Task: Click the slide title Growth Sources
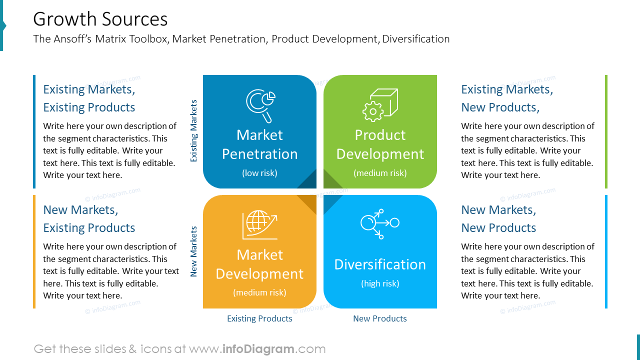(100, 19)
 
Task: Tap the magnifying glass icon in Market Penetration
(260, 105)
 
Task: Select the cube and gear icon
(380, 105)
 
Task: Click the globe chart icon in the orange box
(259, 224)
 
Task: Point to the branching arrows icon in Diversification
(379, 223)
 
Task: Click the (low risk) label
(259, 173)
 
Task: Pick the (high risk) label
(380, 283)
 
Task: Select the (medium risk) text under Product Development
(380, 173)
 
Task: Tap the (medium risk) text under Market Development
(259, 292)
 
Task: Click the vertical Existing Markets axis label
(194, 130)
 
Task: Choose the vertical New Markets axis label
(194, 251)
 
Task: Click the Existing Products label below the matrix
(259, 318)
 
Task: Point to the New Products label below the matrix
(380, 318)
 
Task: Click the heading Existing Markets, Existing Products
(89, 98)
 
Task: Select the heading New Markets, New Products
(498, 218)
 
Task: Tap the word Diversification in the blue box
(380, 264)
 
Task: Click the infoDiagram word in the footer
(258, 349)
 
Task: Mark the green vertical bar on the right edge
(606, 131)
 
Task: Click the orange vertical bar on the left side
(34, 251)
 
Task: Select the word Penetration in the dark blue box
(259, 154)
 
